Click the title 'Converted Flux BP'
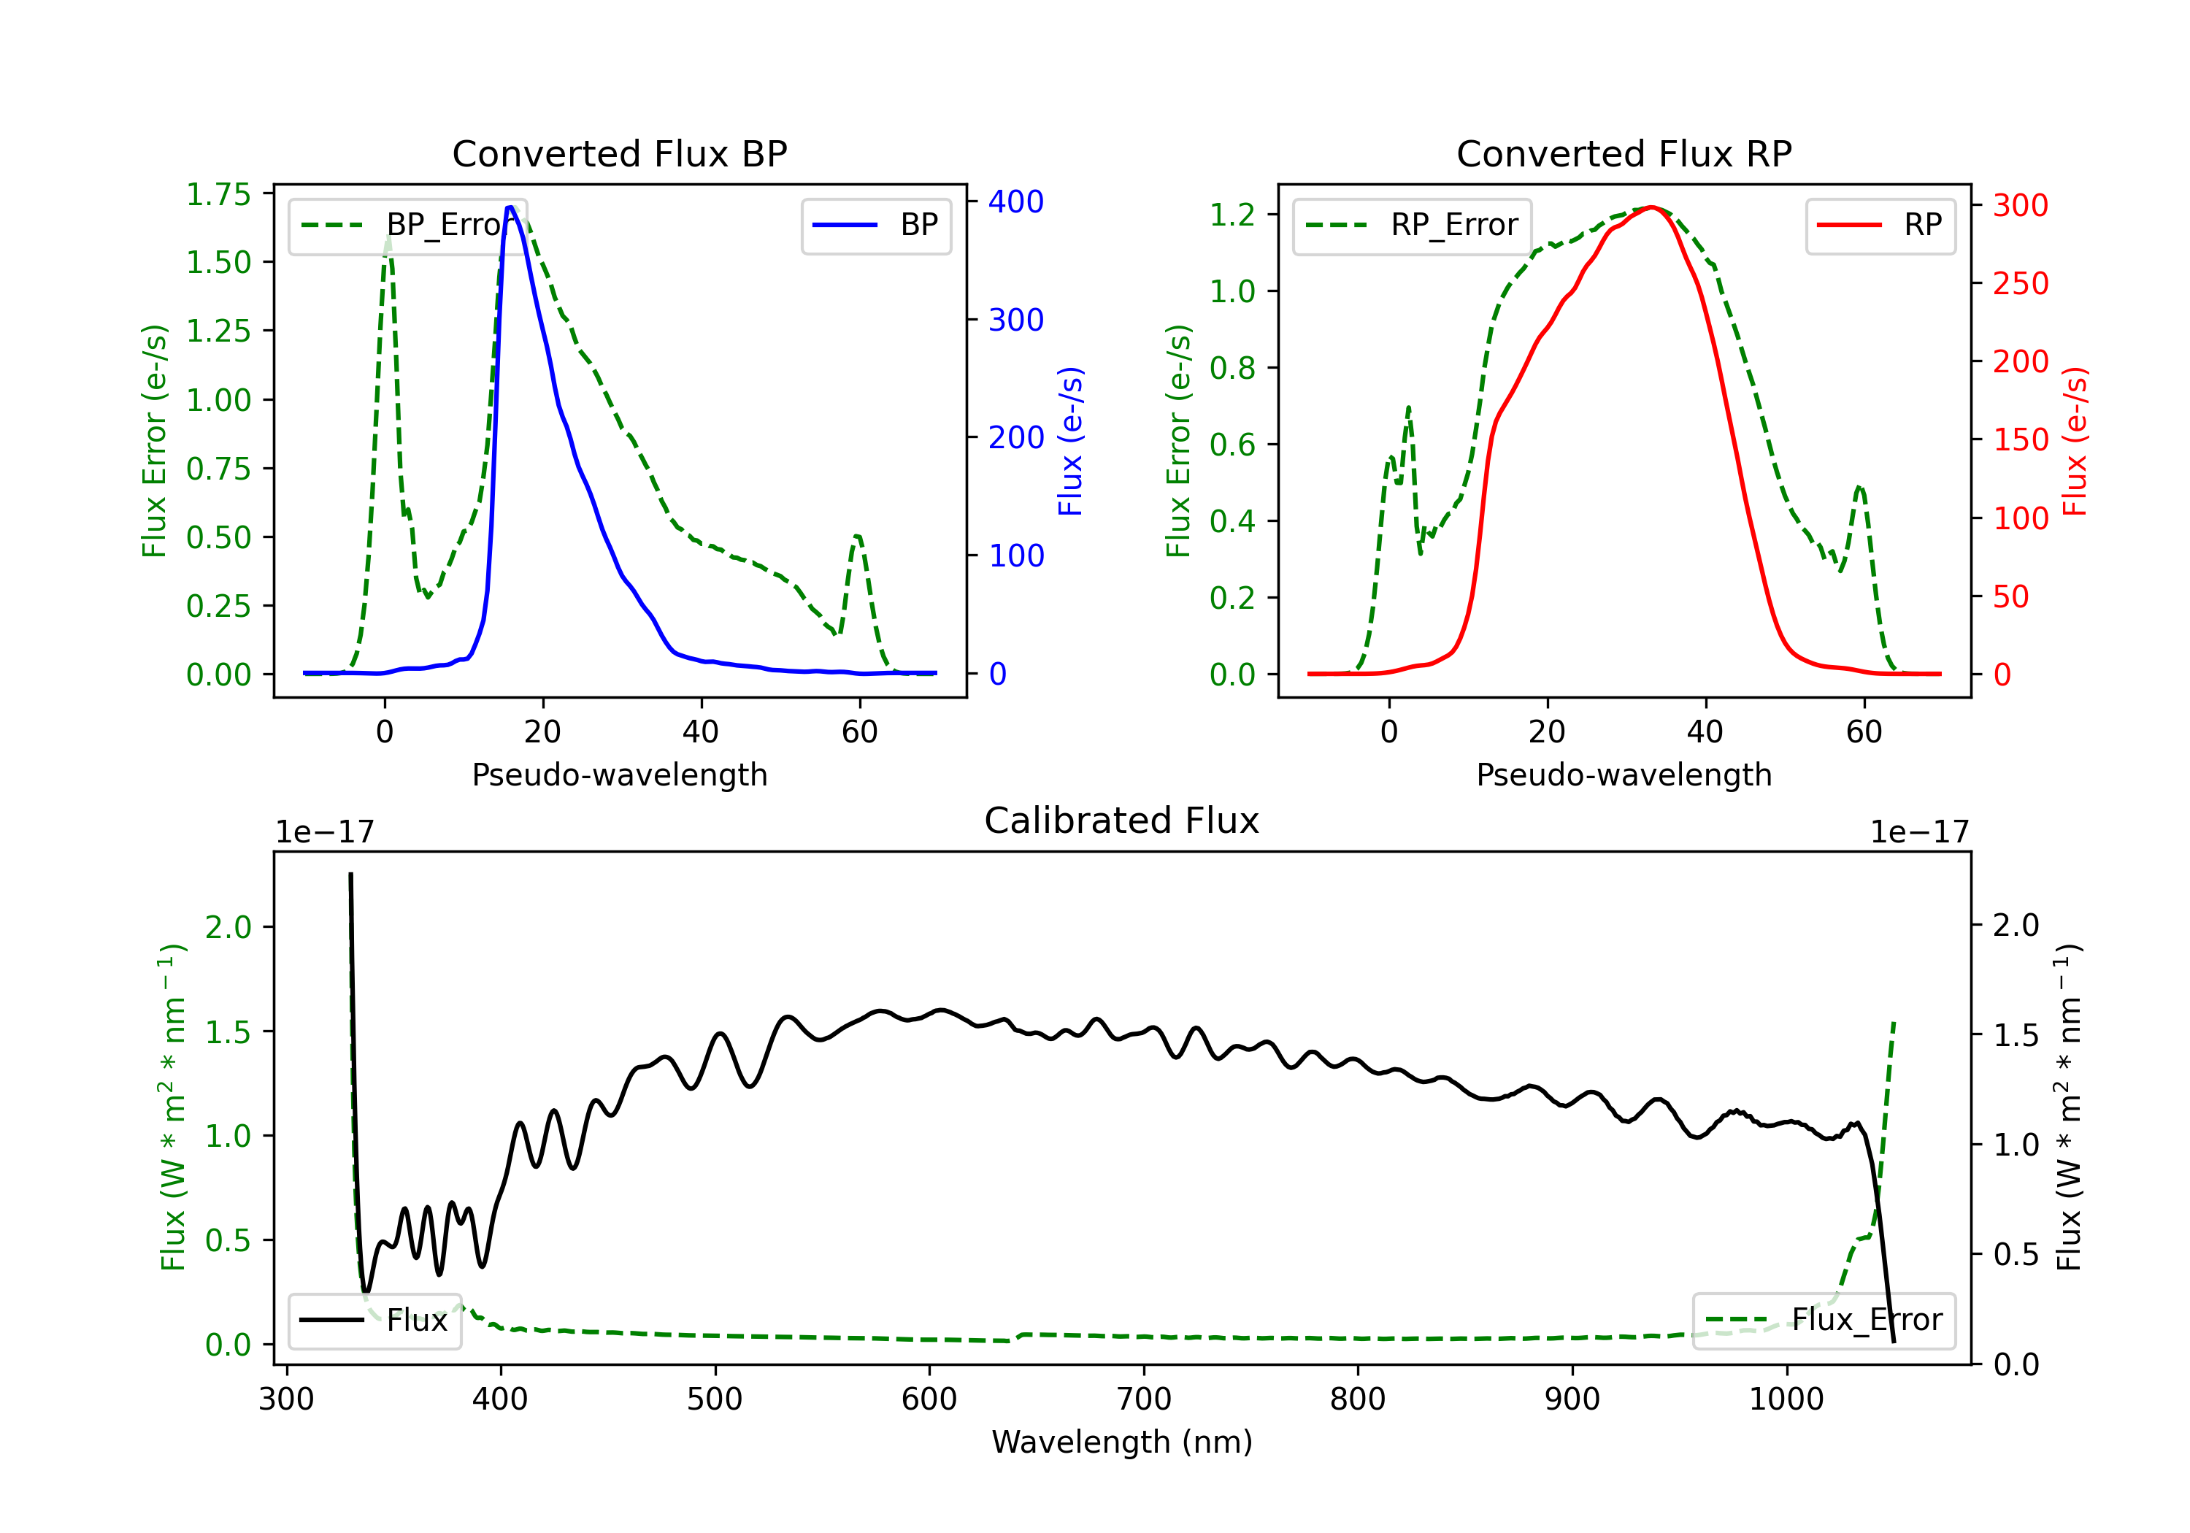pyautogui.click(x=619, y=153)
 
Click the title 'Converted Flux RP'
pyautogui.click(x=1624, y=153)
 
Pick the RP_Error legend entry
pyautogui.click(x=1412, y=225)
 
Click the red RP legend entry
pyautogui.click(x=1880, y=225)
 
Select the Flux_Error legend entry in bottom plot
pyautogui.click(x=1823, y=1321)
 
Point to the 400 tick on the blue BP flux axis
pyautogui.click(x=1015, y=201)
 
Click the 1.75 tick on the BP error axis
pyautogui.click(x=218, y=195)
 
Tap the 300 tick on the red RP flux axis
pyautogui.click(x=2020, y=205)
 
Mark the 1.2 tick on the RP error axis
pyautogui.click(x=1232, y=215)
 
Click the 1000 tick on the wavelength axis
pyautogui.click(x=1786, y=1399)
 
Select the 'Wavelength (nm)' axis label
pyautogui.click(x=1122, y=1442)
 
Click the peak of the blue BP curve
pyautogui.click(x=510, y=207)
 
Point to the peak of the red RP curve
pyautogui.click(x=1651, y=207)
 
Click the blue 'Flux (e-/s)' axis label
pyautogui.click(x=1070, y=441)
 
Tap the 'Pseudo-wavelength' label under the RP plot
pyautogui.click(x=1624, y=775)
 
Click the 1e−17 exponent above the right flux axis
pyautogui.click(x=1919, y=832)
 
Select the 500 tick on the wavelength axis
pyautogui.click(x=715, y=1399)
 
